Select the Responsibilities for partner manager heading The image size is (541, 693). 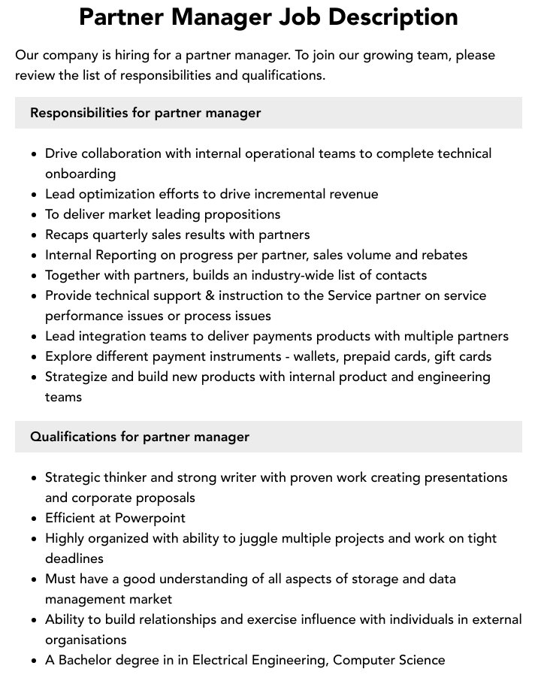[145, 113]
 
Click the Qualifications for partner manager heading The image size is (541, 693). [140, 437]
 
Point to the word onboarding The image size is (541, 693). [80, 174]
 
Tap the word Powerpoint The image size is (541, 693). [150, 518]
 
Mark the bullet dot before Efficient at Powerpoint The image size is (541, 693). [34, 519]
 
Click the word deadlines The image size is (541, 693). [74, 558]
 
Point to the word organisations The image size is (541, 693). [86, 640]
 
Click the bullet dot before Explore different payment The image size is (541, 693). [34, 357]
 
